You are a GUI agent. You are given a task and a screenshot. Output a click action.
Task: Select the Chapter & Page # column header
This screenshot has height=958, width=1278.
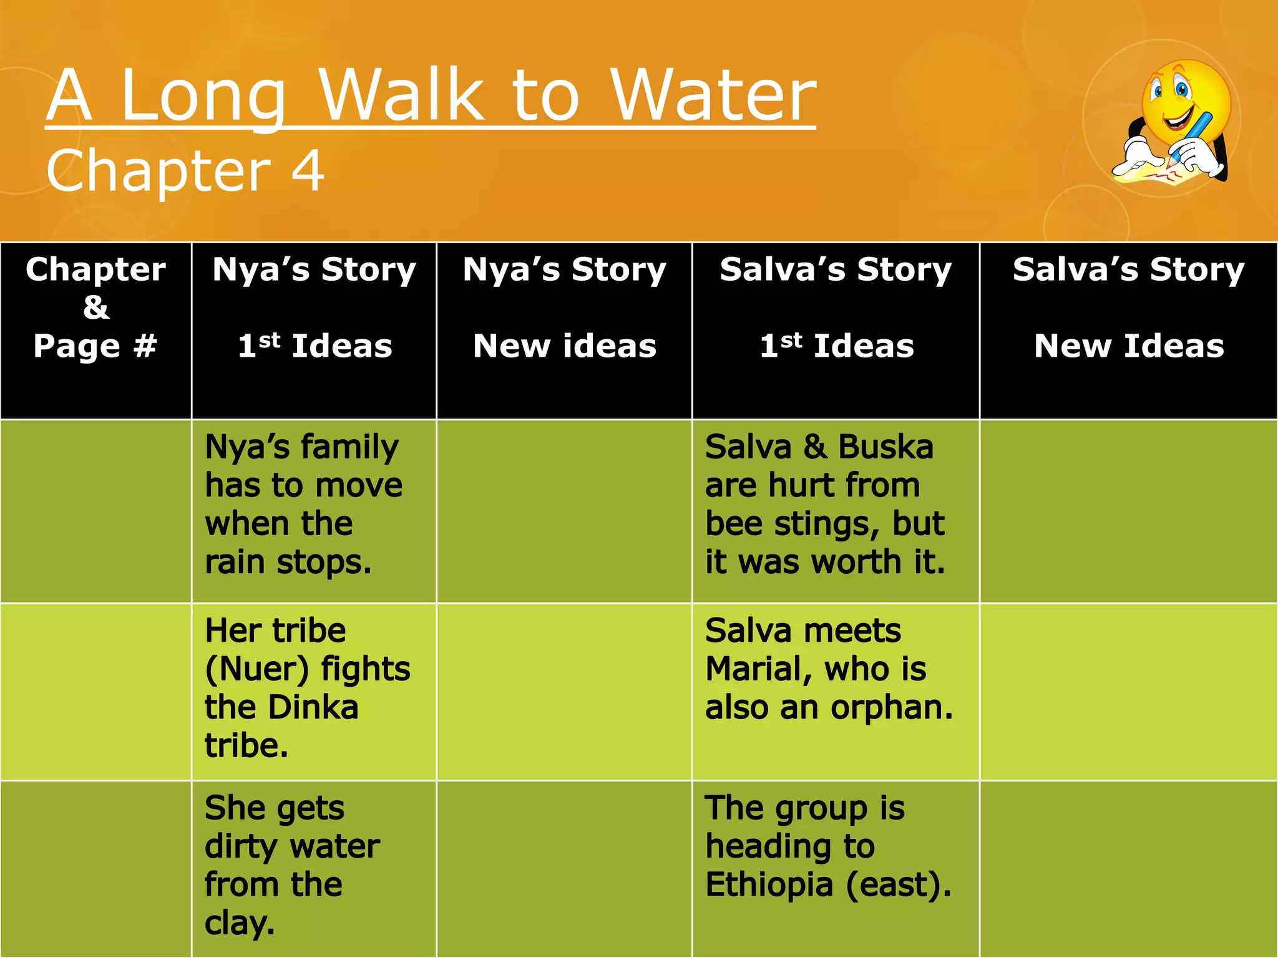pyautogui.click(x=95, y=307)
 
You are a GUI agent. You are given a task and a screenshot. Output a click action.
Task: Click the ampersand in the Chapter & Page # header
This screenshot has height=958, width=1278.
pyautogui.click(x=95, y=307)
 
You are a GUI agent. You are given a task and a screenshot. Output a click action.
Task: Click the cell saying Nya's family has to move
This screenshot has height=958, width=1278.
pyautogui.click(x=303, y=504)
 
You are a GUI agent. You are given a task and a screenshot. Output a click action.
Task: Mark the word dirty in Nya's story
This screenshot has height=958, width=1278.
pyautogui.click(x=241, y=846)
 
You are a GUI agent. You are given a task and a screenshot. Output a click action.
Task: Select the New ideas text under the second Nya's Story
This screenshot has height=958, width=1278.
pyautogui.click(x=564, y=346)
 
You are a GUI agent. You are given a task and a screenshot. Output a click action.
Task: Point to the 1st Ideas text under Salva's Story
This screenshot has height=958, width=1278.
pyautogui.click(x=836, y=346)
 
